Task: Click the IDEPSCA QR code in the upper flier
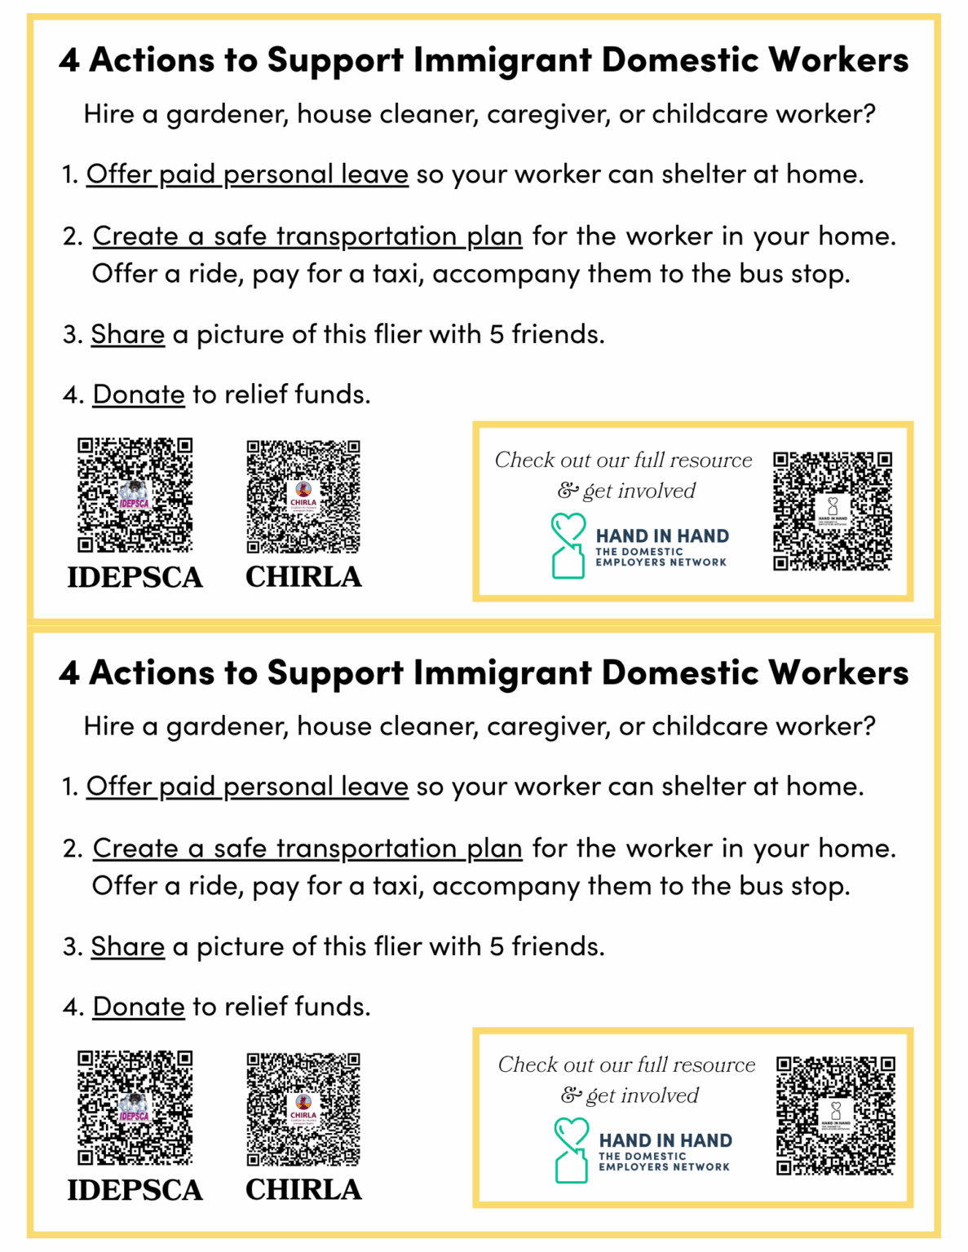[x=135, y=495]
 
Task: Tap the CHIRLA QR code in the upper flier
[x=303, y=496]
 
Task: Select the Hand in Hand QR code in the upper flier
[x=833, y=510]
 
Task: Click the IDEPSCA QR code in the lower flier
[x=135, y=1107]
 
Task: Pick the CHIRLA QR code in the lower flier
[x=303, y=1109]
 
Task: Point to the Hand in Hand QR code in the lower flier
[x=836, y=1115]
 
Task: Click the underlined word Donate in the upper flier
[x=139, y=395]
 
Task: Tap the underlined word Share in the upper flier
[x=127, y=334]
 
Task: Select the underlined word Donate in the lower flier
[x=139, y=1007]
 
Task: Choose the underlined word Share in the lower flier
[x=127, y=946]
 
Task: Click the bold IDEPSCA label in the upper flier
[x=135, y=577]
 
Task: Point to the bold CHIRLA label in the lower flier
[x=303, y=1189]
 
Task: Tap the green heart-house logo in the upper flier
[x=568, y=545]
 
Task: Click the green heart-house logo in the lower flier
[x=571, y=1150]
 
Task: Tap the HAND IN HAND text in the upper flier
[x=662, y=536]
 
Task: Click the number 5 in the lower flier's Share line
[x=497, y=946]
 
